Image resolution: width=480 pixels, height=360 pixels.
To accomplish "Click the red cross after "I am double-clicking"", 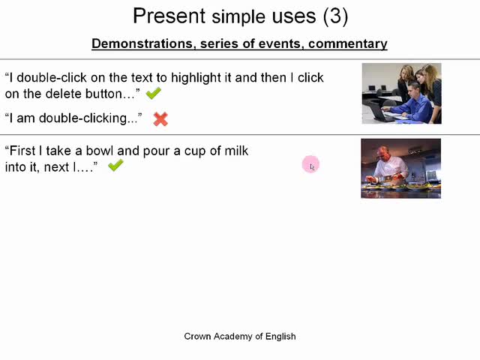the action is [160, 119].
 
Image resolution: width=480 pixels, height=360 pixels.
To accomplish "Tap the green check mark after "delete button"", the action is [153, 93].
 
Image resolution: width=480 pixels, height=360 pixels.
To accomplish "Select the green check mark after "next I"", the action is [115, 165].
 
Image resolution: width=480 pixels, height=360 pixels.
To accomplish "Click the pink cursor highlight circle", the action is [310, 164].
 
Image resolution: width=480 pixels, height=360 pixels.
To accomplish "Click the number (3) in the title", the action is [335, 16].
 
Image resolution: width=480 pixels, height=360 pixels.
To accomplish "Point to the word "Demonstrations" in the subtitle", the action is [142, 43].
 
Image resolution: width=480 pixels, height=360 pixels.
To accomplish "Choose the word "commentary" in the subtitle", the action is [348, 44].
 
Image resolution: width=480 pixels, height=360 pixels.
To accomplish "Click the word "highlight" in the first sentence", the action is [196, 78].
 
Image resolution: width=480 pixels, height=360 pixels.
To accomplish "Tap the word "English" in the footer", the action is [280, 337].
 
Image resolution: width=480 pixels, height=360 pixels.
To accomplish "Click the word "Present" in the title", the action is [169, 16].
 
